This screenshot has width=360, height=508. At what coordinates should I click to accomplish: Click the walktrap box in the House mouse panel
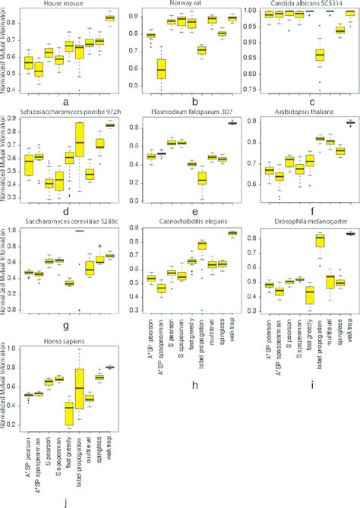click(110, 17)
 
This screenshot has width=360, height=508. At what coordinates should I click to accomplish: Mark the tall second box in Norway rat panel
click(161, 69)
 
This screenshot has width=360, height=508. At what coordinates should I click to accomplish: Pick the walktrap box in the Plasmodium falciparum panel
click(230, 123)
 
